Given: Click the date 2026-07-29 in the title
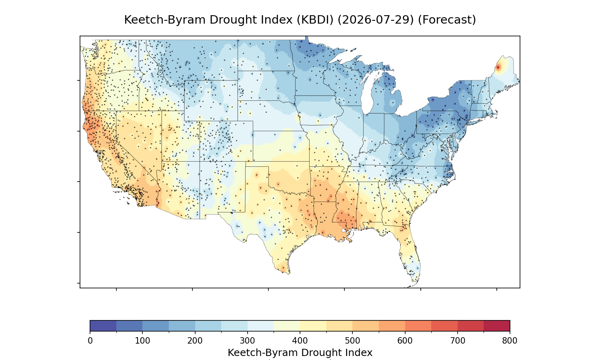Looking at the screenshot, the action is point(376,20).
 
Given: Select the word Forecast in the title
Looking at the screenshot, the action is point(447,20).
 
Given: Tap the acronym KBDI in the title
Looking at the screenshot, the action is point(315,20).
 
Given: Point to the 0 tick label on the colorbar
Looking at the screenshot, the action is point(90,341).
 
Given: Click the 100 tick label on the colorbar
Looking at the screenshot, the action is point(142,341).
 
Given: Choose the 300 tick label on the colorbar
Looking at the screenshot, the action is point(248,341).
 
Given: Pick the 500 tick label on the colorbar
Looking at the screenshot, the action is point(352,341).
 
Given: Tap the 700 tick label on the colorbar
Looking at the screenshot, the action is point(458,341).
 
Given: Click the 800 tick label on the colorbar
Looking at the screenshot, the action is point(510,341).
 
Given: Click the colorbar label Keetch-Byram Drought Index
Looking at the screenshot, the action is point(300,353).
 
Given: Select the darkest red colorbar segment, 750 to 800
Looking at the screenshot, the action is point(497,326).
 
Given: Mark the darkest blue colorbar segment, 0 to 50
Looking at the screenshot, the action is point(103,326).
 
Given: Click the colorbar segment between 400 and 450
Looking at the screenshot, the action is point(313,326).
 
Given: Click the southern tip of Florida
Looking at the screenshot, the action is point(412,286).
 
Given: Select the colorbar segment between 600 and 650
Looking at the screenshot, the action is point(418,326).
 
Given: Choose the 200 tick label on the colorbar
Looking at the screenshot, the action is point(195,341).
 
